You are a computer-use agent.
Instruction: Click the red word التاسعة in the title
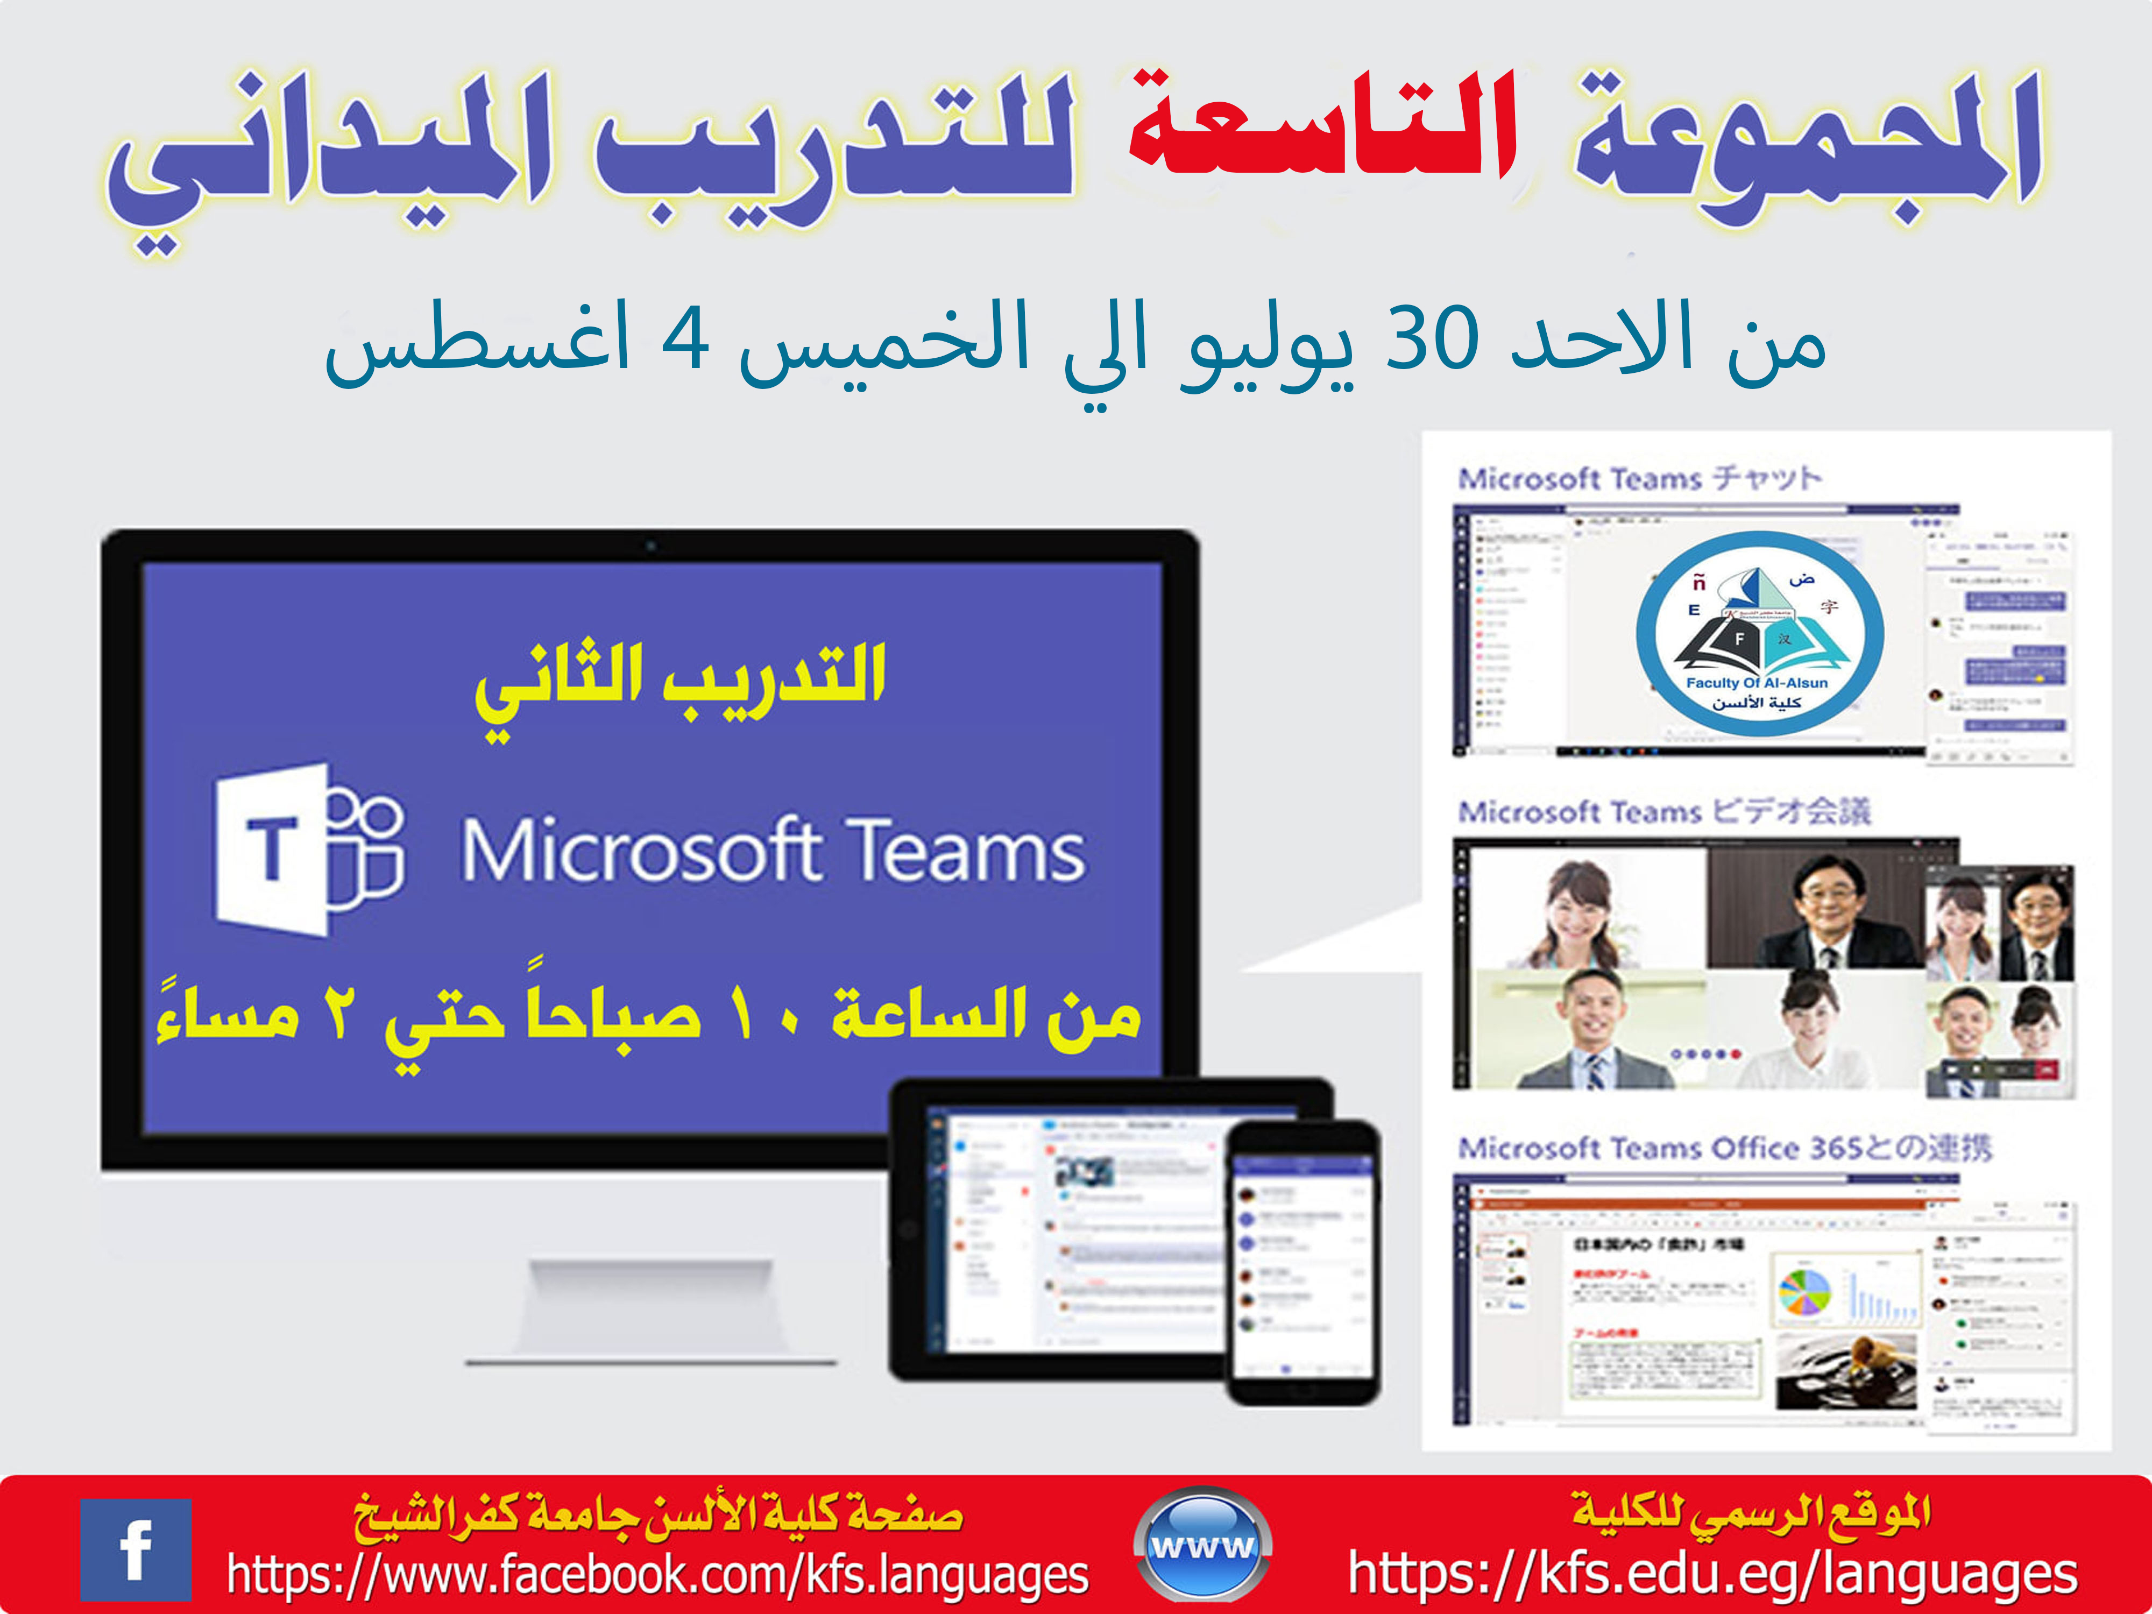click(x=1323, y=131)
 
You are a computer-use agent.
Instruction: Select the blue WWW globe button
click(x=1202, y=1545)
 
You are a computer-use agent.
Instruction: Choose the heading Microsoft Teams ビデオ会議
click(x=1663, y=811)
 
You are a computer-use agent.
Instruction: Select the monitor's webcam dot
click(x=651, y=546)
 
